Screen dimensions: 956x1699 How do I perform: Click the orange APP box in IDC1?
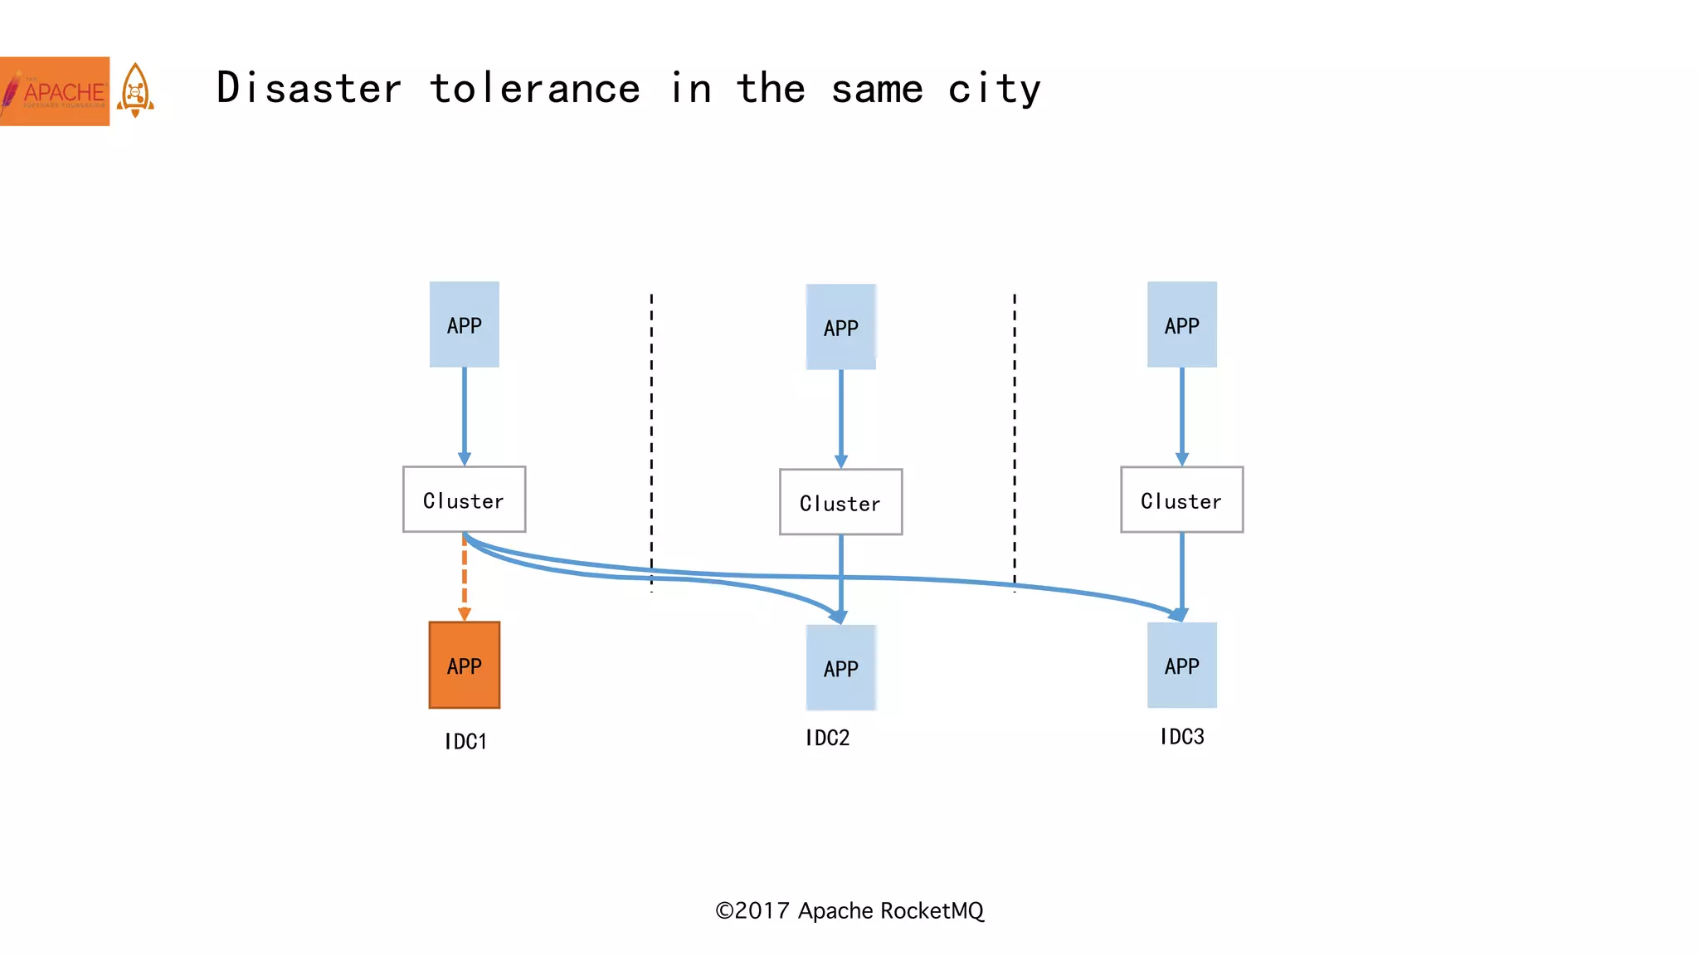[x=464, y=665]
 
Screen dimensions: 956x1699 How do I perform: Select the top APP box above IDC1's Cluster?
[x=464, y=324]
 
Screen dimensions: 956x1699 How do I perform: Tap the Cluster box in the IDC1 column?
[x=464, y=500]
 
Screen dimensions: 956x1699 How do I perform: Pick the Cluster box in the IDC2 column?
[x=840, y=502]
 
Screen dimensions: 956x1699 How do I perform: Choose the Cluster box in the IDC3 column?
[x=1181, y=500]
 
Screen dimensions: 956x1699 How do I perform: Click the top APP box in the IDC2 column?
[x=840, y=327]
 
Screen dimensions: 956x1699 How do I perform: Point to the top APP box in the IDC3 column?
[x=1181, y=324]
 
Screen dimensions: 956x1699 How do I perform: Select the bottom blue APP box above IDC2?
[x=840, y=667]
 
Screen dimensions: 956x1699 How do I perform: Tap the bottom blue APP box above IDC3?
[x=1181, y=665]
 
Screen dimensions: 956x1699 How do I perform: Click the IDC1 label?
[x=465, y=741]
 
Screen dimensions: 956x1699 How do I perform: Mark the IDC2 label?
[x=827, y=738]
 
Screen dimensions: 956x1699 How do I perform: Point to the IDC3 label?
[x=1181, y=736]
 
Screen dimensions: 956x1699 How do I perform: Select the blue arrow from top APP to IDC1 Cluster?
[x=464, y=415]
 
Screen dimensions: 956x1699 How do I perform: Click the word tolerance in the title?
[x=535, y=89]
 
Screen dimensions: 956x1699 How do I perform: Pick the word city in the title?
[x=994, y=89]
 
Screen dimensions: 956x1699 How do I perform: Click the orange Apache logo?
[x=55, y=91]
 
